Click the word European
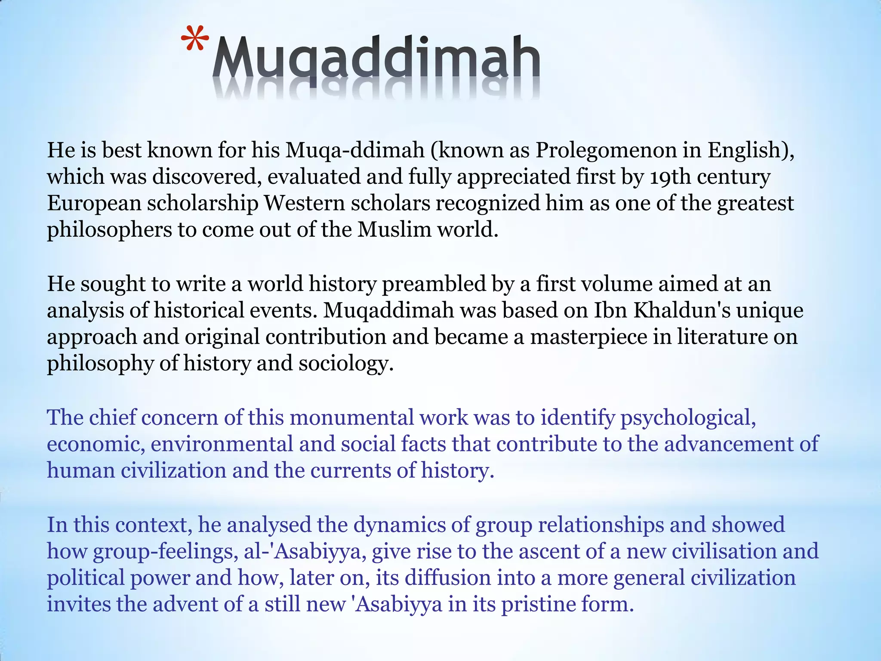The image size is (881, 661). [x=94, y=204]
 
